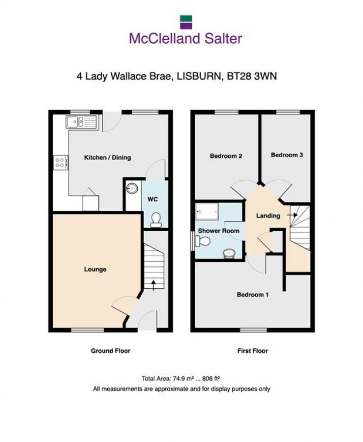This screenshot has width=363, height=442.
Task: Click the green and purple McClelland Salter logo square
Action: [185, 20]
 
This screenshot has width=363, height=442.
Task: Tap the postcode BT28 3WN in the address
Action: [255, 76]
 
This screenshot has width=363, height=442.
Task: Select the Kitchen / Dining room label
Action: [107, 158]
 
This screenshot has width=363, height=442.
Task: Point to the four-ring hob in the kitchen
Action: [60, 162]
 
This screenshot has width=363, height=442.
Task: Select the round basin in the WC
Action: [132, 189]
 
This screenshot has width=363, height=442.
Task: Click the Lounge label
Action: [95, 269]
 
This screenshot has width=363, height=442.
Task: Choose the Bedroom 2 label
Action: [226, 156]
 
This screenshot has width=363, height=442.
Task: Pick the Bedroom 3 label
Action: [287, 155]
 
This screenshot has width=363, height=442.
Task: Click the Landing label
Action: [268, 215]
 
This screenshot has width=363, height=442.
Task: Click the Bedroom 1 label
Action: [253, 295]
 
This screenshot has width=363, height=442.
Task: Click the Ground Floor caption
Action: [110, 351]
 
